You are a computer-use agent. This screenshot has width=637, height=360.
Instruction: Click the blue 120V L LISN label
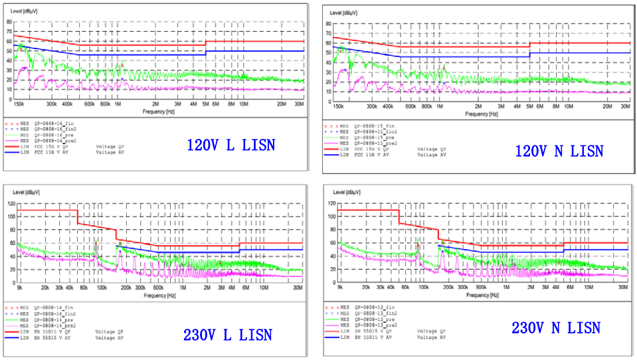click(230, 144)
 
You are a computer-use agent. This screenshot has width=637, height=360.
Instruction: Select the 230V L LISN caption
click(227, 334)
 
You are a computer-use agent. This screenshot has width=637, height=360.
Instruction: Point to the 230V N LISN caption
click(556, 327)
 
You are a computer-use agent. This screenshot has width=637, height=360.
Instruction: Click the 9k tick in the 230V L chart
click(19, 288)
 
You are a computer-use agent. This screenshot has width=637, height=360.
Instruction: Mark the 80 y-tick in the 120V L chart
click(9, 21)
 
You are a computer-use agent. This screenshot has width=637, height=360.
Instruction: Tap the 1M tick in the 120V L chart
click(118, 104)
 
